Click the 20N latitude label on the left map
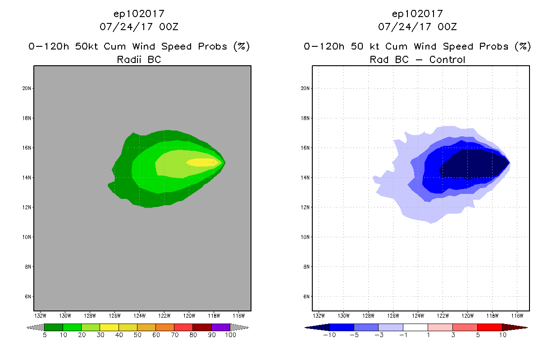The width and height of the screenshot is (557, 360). tap(27, 89)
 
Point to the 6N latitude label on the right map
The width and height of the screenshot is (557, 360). tap(306, 297)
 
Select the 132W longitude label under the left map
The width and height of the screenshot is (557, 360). tap(41, 315)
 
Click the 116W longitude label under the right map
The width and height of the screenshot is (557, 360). tap(517, 315)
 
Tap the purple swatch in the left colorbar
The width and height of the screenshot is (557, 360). tap(221, 327)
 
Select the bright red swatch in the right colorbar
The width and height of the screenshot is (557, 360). tap(489, 327)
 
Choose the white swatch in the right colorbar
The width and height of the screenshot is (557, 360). tap(415, 327)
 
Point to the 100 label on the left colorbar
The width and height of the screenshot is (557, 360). tap(230, 335)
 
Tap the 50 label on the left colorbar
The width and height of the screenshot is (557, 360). tap(137, 335)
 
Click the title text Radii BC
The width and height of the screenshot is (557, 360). tap(139, 59)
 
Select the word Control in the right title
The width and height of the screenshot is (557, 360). tap(447, 59)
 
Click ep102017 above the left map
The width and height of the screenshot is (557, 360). tap(139, 13)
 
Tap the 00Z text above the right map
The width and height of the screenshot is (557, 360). tap(447, 27)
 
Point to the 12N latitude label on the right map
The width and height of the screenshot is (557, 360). tap(305, 207)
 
